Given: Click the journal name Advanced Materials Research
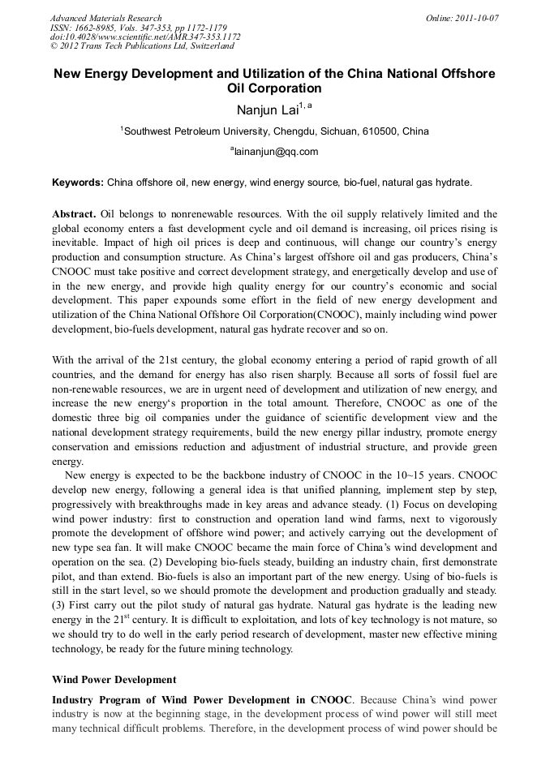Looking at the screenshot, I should point(105,18).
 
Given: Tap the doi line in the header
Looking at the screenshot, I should point(145,37).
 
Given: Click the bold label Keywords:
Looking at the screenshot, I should point(78,183).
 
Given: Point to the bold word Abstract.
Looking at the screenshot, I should point(73,214).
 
